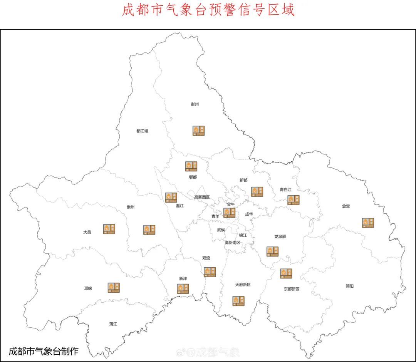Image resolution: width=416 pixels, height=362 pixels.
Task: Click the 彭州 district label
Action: coord(195,104)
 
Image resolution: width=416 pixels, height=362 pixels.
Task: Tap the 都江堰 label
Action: coord(142,131)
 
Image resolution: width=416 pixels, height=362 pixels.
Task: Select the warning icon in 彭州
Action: coord(199,131)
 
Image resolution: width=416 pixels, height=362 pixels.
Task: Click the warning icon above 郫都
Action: coord(191,166)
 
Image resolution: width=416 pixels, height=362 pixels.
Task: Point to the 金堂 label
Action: coord(346,206)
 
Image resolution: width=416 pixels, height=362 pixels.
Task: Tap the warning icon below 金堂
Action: coord(368,223)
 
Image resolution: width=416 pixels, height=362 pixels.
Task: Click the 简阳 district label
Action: coord(349,286)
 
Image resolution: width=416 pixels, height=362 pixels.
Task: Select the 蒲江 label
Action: coord(113,324)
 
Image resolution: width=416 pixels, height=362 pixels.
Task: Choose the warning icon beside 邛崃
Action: coord(114,287)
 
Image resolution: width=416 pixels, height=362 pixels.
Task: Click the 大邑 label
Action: coord(87,232)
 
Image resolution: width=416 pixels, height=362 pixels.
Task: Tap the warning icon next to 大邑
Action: coord(109,229)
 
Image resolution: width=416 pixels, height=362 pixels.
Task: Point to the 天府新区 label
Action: coord(243,285)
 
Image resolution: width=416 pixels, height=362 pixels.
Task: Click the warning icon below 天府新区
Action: coord(238,301)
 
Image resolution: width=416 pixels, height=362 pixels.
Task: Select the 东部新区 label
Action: coord(291,289)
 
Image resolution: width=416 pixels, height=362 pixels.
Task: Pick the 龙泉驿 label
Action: coord(280,237)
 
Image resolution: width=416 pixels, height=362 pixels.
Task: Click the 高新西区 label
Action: coord(202,197)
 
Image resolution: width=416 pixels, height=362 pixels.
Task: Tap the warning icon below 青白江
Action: coord(293,200)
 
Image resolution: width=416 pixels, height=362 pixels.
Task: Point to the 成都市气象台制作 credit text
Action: coord(44,351)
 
